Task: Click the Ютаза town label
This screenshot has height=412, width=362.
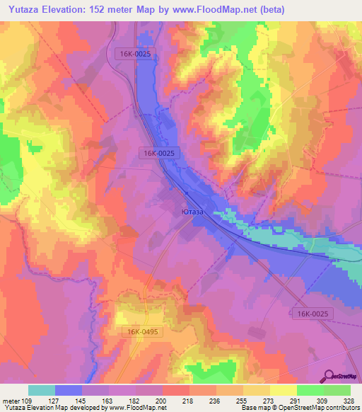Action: (x=192, y=212)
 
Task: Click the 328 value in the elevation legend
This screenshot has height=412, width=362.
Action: (x=349, y=400)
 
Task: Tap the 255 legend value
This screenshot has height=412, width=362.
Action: (x=242, y=400)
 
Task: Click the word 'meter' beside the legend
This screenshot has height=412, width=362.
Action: (x=12, y=400)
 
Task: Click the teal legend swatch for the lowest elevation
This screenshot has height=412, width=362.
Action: (x=42, y=390)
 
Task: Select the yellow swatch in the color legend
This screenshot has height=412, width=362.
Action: (x=284, y=390)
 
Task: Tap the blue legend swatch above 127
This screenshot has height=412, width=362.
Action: (x=69, y=390)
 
